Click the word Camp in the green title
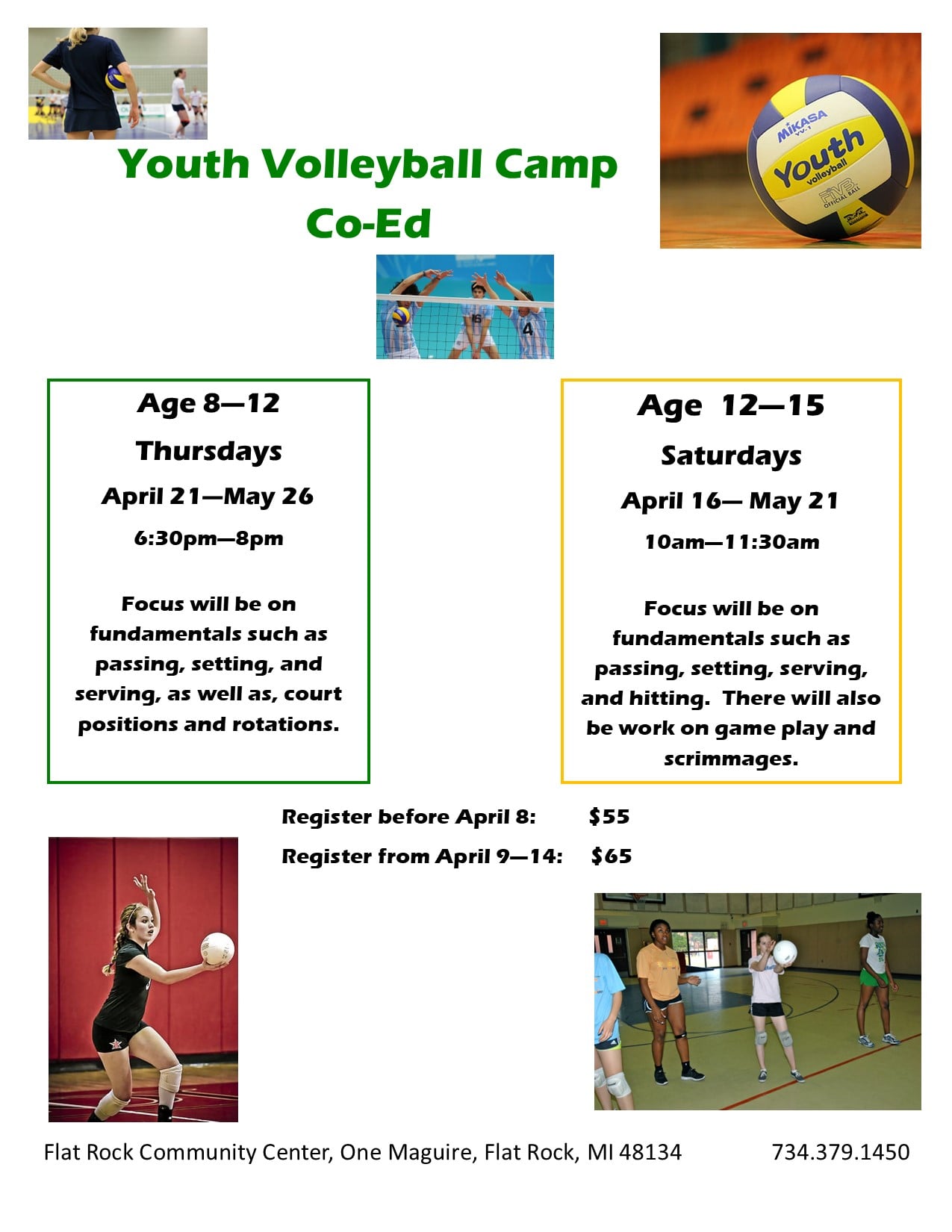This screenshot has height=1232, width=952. click(x=556, y=166)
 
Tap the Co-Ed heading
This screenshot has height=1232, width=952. click(x=369, y=223)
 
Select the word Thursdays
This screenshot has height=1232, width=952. click(x=208, y=452)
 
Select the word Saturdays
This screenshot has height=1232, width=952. click(x=731, y=456)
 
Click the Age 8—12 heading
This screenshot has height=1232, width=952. click(x=208, y=404)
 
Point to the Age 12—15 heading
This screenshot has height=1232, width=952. click(x=731, y=406)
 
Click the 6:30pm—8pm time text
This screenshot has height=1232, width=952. click(x=208, y=538)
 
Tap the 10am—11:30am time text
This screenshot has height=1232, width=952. click(x=732, y=542)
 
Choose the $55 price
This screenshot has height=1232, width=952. click(x=609, y=816)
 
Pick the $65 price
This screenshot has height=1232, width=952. click(x=612, y=856)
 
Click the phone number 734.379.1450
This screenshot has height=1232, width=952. click(x=840, y=1152)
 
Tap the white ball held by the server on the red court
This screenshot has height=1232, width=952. click(x=217, y=948)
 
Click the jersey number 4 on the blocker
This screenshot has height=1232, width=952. click(x=528, y=329)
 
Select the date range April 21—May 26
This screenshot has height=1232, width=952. click(x=208, y=497)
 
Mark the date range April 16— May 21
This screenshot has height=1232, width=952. click(x=729, y=501)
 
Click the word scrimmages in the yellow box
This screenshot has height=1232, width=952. click(x=731, y=759)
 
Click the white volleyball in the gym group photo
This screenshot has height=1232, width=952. click(x=785, y=952)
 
